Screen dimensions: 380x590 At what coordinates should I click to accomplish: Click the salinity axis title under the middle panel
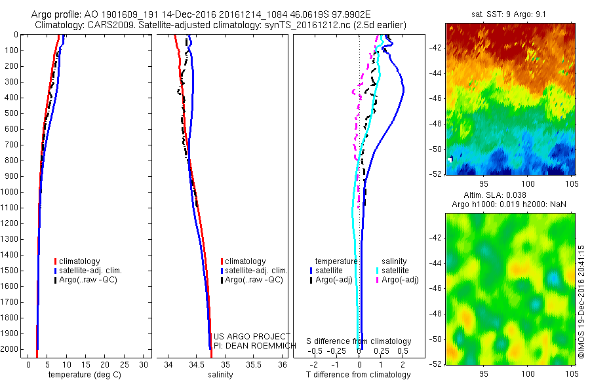(x=220, y=375)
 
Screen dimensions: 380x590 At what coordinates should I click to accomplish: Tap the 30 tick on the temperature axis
(x=145, y=364)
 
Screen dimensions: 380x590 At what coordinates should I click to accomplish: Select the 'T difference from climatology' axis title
(x=359, y=375)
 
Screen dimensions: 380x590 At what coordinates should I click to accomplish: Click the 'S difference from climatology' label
(x=359, y=341)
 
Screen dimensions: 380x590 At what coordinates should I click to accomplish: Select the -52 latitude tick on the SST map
(x=435, y=174)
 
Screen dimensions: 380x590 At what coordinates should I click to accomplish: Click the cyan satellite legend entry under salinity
(x=393, y=271)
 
